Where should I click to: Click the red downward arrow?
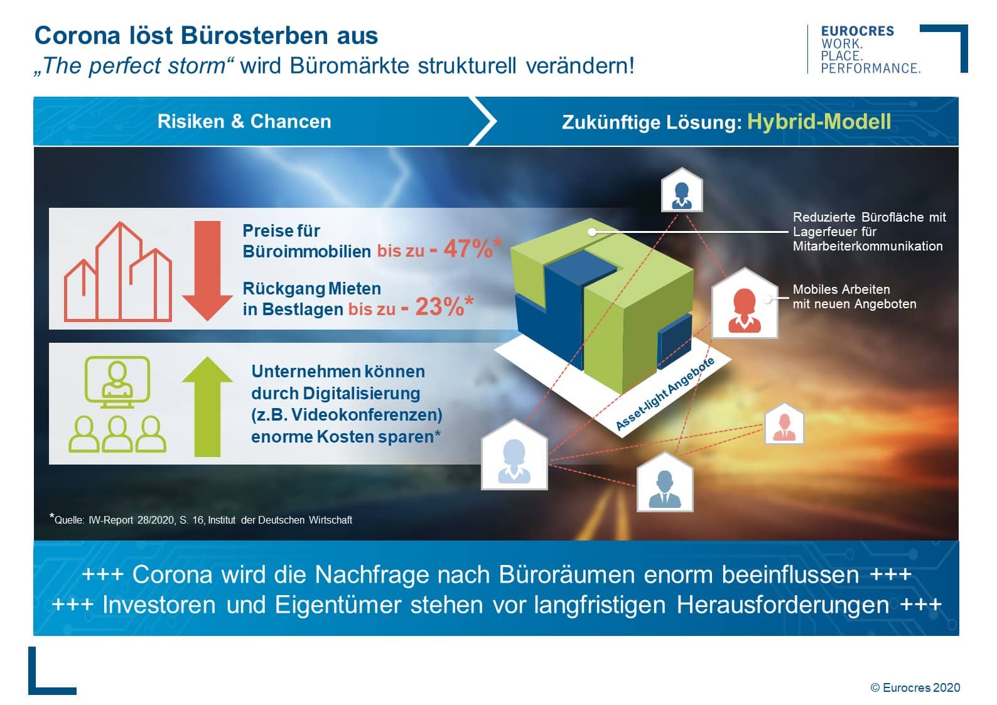207,271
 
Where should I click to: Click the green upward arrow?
207,406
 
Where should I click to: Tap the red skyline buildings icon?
118,271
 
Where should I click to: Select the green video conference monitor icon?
117,382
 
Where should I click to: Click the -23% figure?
437,306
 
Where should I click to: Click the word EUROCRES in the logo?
857,31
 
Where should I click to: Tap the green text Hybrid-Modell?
819,122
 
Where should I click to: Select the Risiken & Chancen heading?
244,122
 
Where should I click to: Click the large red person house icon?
745,303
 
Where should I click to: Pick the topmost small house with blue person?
682,190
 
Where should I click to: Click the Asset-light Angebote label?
665,394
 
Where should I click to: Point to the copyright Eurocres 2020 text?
915,687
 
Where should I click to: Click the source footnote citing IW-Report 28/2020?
201,519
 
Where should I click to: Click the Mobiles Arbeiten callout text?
854,296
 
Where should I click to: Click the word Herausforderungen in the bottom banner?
782,605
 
